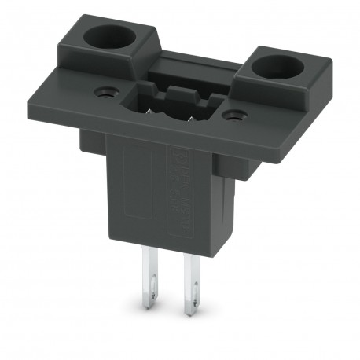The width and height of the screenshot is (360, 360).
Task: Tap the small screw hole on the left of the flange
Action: coord(102,92)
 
